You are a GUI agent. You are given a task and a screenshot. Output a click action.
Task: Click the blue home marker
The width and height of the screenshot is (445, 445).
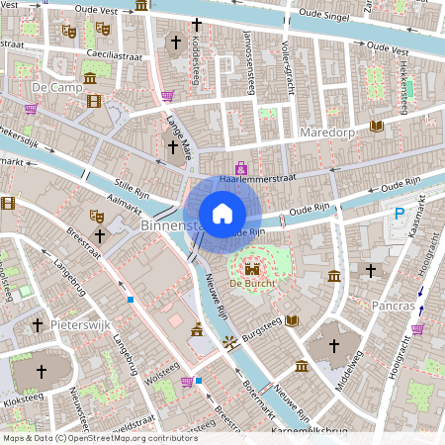point(222,214)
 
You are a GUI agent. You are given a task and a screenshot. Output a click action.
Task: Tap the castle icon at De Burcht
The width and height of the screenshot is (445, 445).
point(251,267)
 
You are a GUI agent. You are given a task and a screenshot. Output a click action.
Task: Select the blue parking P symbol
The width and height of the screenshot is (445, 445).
point(400,214)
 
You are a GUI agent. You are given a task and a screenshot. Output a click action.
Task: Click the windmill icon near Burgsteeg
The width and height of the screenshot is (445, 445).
point(230,342)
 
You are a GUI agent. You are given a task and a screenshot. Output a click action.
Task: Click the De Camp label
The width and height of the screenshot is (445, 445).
point(54,88)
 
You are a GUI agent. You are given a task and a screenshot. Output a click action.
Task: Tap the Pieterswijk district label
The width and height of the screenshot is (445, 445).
point(79,323)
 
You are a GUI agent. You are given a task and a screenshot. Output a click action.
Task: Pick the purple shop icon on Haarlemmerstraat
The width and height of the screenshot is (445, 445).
point(241,169)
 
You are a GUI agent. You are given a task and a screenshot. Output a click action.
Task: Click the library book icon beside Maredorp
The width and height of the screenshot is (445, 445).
point(376,126)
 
